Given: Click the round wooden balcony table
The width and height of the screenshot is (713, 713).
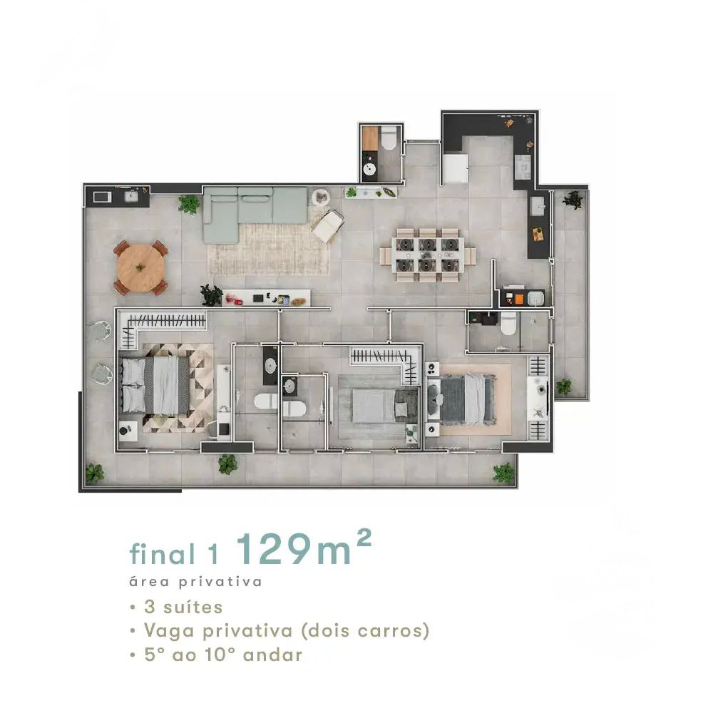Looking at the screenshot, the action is click(x=140, y=268).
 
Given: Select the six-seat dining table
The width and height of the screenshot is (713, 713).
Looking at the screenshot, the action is click(x=427, y=255).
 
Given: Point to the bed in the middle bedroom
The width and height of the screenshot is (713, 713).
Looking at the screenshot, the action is click(x=385, y=405).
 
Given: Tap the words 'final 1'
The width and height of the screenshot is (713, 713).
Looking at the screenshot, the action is click(x=174, y=553).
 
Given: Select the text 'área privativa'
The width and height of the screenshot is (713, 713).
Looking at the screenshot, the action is click(x=195, y=582).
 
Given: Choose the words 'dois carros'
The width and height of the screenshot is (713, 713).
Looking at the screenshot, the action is click(x=365, y=630).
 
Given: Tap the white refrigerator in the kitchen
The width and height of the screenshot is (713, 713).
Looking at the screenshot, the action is click(x=456, y=168).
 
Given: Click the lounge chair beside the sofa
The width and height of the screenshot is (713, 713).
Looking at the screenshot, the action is click(x=328, y=226).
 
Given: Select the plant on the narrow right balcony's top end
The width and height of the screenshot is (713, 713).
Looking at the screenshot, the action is click(x=573, y=200).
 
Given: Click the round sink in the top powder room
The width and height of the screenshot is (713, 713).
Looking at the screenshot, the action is click(x=369, y=169).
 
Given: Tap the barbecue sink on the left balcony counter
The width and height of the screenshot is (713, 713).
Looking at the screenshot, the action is click(x=131, y=196).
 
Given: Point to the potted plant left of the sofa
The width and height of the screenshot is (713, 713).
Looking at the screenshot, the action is click(x=189, y=204).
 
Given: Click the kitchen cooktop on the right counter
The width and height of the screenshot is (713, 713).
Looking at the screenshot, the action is click(x=523, y=167).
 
